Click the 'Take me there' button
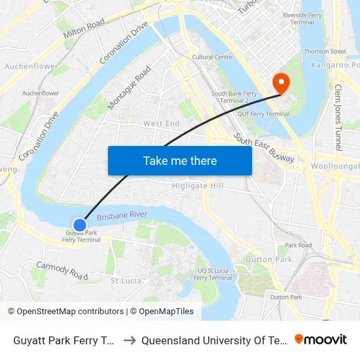point(180,160)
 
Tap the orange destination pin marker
point(281,83)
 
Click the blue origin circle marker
point(80,225)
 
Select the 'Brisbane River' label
point(122,215)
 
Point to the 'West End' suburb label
point(161,124)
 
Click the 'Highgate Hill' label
point(198,186)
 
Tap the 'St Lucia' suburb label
point(126,281)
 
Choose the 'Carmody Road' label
point(62,270)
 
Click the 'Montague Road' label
point(130,86)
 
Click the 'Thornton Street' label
point(325,51)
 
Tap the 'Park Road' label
point(298,245)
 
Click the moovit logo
point(321,340)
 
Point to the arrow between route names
point(129,340)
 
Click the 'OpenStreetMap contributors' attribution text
point(70,312)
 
